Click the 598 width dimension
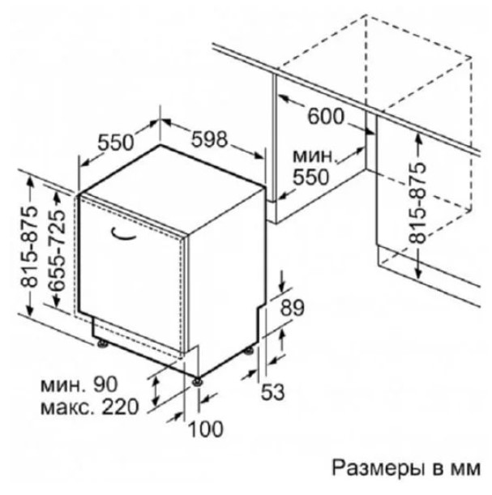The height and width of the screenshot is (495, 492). [209, 139]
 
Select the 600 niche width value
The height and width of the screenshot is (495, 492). [326, 116]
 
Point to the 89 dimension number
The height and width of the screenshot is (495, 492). [293, 308]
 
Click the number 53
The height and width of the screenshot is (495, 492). [272, 392]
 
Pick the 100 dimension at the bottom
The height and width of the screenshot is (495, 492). [206, 429]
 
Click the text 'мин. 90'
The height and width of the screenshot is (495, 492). [79, 384]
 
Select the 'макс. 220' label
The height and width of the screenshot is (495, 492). [90, 407]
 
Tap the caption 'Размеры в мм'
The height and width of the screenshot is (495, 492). [406, 468]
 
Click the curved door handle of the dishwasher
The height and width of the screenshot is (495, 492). [123, 233]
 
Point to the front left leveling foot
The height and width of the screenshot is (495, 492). [103, 344]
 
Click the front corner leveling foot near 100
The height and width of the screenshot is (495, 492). [198, 382]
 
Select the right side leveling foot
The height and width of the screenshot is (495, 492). [249, 351]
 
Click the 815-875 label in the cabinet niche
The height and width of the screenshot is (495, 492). [417, 204]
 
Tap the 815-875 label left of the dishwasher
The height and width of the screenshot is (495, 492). [29, 247]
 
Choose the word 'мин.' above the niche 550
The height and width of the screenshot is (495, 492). [313, 156]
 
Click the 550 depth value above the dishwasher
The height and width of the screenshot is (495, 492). [116, 143]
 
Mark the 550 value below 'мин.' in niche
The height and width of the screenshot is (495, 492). [311, 177]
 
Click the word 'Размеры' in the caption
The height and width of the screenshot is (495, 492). [378, 468]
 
